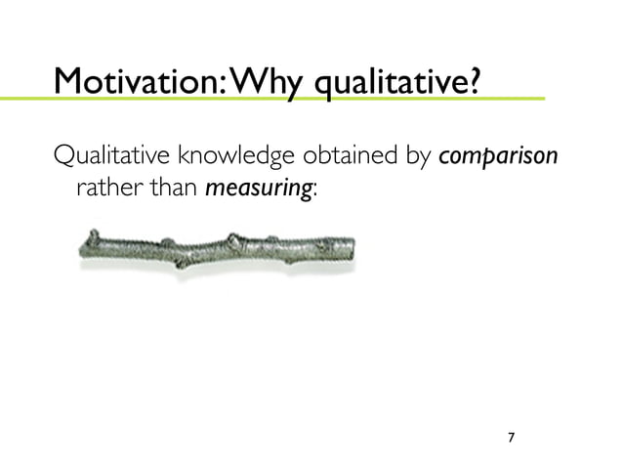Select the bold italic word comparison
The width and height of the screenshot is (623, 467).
[x=499, y=157]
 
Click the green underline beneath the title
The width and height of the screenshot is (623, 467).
[x=293, y=99]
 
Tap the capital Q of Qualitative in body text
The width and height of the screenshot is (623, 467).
[x=62, y=156]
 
